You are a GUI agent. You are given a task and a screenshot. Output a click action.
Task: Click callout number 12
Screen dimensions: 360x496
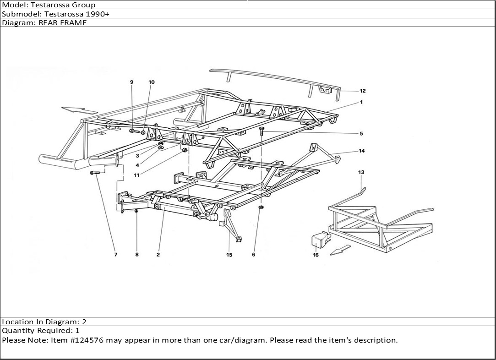pos(363,91)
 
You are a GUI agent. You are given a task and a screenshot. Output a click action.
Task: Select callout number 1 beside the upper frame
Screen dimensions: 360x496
pos(361,102)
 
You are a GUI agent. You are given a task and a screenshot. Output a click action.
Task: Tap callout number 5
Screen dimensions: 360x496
pos(361,134)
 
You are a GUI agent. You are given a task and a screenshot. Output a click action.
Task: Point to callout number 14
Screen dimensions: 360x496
pos(362,151)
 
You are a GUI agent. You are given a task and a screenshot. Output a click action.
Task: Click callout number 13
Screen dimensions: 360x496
pos(361,172)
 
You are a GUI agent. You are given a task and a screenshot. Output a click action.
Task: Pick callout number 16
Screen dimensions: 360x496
pos(316,255)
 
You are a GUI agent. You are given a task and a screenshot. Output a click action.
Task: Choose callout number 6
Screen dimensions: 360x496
pos(253,255)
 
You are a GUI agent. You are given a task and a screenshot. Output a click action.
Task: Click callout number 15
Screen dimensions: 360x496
pos(229,255)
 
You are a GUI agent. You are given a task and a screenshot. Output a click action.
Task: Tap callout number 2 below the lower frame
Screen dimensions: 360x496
pos(158,255)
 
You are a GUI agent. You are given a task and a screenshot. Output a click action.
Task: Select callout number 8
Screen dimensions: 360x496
pos(136,255)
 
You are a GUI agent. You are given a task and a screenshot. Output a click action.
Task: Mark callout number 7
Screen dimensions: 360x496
pos(115,255)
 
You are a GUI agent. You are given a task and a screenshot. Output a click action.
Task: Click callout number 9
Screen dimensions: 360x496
pos(131,82)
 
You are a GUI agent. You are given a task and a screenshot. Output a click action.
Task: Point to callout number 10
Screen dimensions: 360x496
pos(152,82)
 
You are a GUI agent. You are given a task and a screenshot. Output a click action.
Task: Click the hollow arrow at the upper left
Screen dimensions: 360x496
pos(80,110)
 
